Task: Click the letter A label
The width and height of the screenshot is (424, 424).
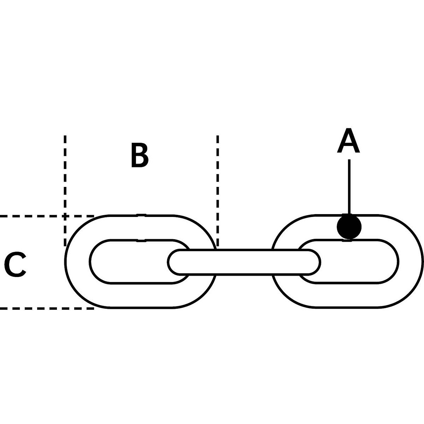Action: coord(348,141)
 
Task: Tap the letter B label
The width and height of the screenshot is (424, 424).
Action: coord(139,155)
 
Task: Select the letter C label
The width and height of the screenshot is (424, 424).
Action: coord(15,265)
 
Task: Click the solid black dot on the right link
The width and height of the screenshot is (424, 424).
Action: coord(349,227)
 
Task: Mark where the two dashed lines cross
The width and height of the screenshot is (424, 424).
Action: coord(65,216)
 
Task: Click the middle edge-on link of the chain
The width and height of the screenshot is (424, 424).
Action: coord(244,262)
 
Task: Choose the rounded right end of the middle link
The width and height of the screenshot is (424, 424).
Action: coord(314,262)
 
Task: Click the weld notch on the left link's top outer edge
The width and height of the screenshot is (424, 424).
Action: coord(141,214)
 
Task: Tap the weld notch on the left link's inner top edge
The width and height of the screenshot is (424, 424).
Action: coord(141,240)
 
